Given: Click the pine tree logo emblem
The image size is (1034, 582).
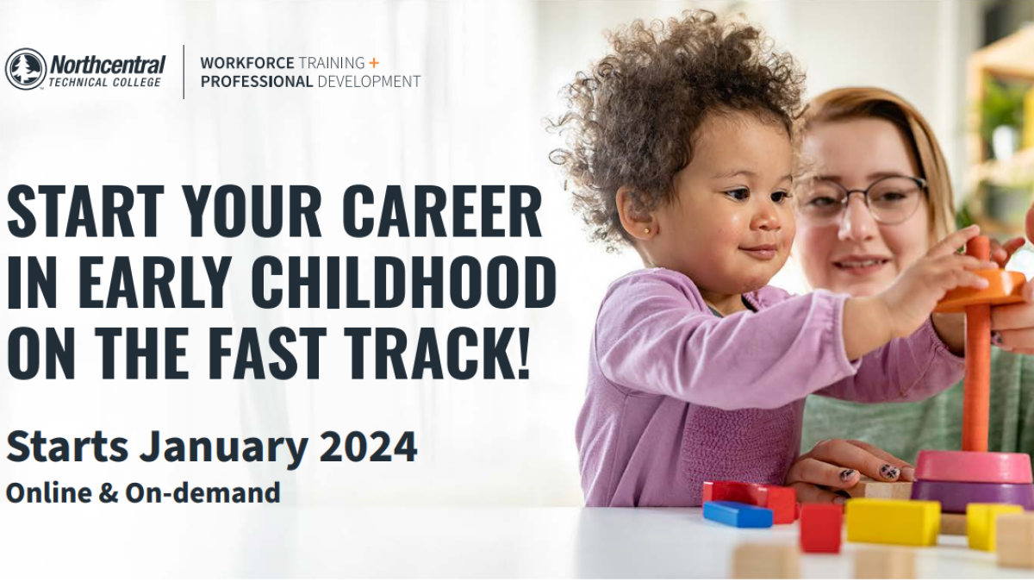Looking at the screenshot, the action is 25,69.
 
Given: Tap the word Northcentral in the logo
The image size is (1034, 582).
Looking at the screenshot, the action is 108,65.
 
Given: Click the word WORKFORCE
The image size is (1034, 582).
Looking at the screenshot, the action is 247,62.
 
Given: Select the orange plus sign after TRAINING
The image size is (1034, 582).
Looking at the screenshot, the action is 374,62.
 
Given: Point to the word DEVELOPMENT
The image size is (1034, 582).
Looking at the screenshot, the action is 369,82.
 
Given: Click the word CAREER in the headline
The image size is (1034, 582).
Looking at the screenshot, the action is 441,210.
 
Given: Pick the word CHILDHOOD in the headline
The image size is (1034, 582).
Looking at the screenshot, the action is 404,282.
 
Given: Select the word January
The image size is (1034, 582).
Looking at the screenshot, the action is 224,447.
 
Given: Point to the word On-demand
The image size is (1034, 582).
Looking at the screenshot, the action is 202,492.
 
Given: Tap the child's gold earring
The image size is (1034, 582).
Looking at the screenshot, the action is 647,230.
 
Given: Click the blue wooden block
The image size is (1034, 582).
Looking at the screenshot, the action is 738,514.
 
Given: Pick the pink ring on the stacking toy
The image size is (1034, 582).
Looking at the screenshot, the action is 966,466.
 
